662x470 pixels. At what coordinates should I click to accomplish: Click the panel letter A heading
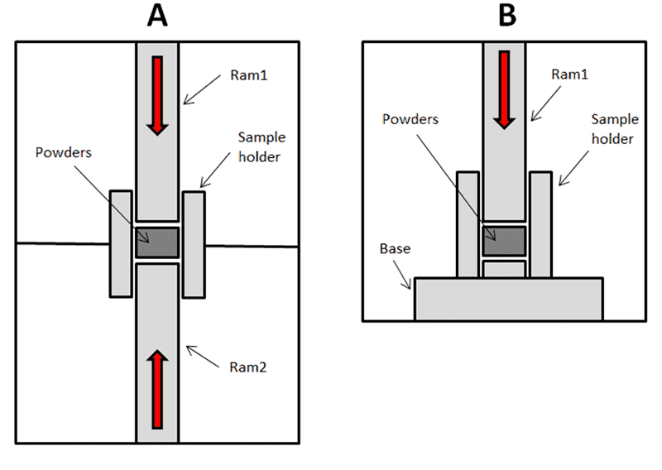pyautogui.click(x=157, y=17)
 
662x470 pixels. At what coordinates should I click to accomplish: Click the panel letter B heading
pyautogui.click(x=504, y=17)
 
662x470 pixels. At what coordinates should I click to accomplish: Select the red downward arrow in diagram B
pyautogui.click(x=504, y=89)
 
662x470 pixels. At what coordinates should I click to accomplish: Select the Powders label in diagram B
pyautogui.click(x=410, y=119)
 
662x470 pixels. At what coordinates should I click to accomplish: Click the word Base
pyautogui.click(x=395, y=248)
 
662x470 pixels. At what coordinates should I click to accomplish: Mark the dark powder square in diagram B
pyautogui.click(x=504, y=242)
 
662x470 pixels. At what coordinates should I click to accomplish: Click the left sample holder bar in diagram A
pyautogui.click(x=121, y=244)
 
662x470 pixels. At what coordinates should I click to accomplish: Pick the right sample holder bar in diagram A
pyautogui.click(x=194, y=244)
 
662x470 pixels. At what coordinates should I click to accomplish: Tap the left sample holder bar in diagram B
pyautogui.click(x=468, y=223)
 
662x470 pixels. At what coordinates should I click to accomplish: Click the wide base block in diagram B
pyautogui.click(x=508, y=299)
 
